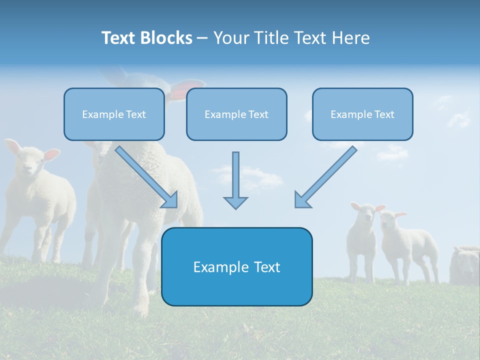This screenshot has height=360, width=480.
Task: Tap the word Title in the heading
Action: pos(270,38)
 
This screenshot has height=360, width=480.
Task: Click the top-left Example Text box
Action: pos(114,114)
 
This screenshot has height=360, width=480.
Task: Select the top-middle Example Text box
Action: pos(236,114)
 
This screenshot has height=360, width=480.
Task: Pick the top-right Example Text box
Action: pos(362,114)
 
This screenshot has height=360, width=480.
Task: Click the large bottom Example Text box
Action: pos(236,266)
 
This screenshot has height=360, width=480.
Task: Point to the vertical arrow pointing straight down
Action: pos(235,180)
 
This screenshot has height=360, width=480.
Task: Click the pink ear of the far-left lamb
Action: pos(50,155)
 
